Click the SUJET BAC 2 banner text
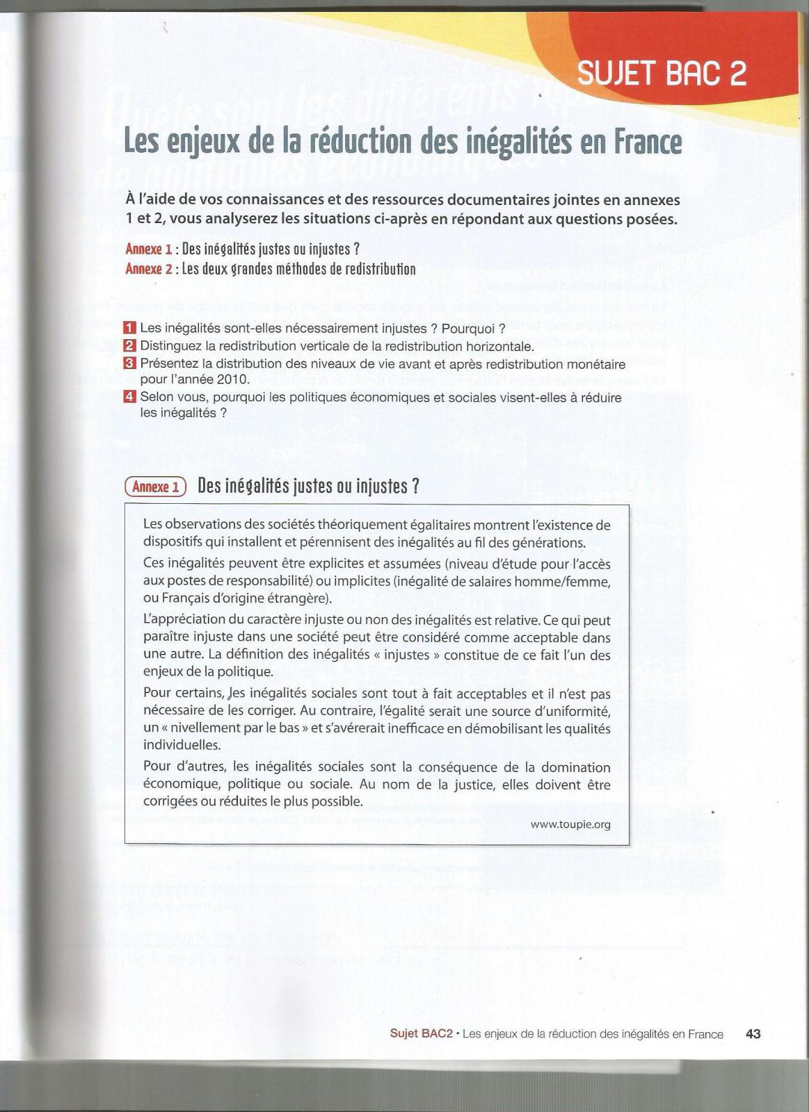[662, 73]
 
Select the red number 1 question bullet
[129, 328]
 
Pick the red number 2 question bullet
[129, 345]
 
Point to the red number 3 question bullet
[129, 363]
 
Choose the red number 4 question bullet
[129, 397]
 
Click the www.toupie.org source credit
[570, 824]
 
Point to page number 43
[753, 1034]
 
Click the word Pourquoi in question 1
[469, 328]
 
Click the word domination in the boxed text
[574, 767]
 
